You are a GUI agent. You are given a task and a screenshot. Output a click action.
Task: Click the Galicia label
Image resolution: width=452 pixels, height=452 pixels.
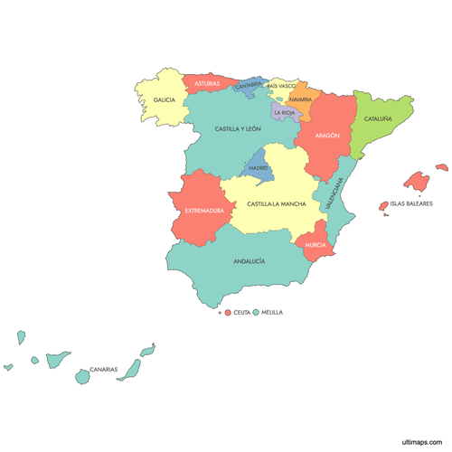164,100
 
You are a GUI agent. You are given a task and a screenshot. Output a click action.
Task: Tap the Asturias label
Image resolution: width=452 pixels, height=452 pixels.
207,83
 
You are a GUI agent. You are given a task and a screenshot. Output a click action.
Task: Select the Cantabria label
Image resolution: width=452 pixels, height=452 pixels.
249,86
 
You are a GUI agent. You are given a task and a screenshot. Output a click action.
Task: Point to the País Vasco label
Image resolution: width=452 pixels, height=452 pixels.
281,86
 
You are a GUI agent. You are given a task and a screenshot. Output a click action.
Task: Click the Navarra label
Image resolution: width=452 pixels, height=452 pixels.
301,99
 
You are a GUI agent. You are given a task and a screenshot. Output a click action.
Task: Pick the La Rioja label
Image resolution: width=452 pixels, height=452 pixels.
284,113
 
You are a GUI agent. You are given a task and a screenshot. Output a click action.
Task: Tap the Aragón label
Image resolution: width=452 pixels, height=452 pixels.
327,136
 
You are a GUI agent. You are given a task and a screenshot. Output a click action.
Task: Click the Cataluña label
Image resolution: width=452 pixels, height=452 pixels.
378,118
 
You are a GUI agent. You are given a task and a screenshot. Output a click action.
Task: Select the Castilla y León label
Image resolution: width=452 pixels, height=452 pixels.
238,129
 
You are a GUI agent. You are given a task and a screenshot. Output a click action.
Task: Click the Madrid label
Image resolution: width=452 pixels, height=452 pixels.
259,168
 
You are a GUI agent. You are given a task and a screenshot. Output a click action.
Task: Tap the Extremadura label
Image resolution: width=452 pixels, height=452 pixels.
204,211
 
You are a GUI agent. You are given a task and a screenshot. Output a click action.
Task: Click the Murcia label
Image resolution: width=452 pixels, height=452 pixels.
315,245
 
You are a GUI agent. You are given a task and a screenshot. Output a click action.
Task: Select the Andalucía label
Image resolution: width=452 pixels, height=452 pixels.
250,261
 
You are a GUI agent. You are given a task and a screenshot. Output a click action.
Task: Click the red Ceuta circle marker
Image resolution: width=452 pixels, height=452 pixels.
227,312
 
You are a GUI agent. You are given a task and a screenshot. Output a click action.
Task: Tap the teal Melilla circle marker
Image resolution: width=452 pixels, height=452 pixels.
256,312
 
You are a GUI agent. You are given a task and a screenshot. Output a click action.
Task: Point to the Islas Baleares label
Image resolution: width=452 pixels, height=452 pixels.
411,203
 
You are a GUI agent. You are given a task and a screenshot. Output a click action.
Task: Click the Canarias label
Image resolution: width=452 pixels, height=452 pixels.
103,369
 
